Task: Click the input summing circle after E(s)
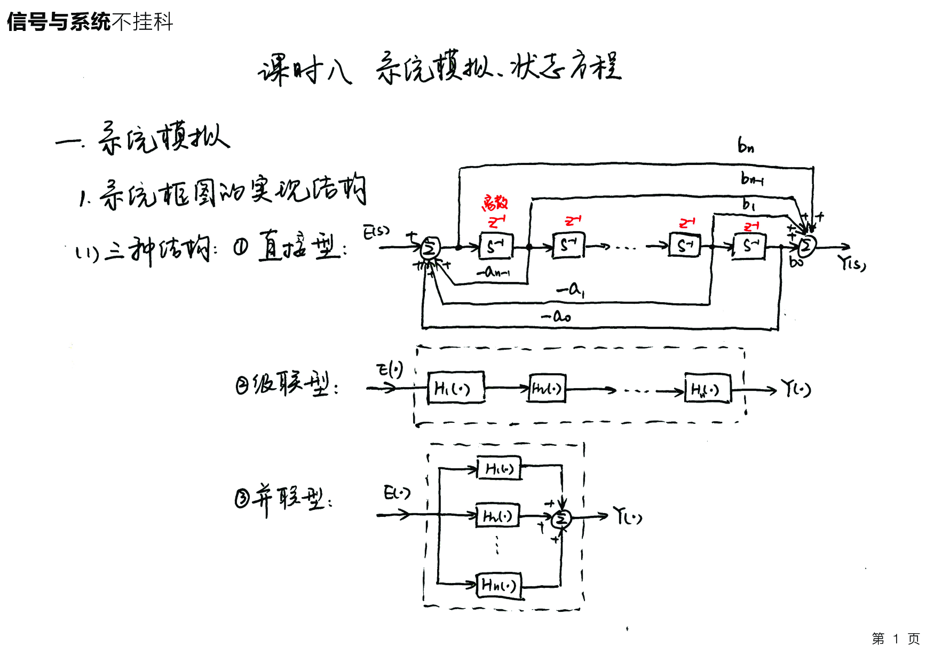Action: click(x=430, y=248)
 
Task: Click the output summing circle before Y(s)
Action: click(x=806, y=246)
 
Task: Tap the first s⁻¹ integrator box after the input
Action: click(x=496, y=247)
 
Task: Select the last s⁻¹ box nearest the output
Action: click(x=749, y=247)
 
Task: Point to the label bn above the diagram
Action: click(x=746, y=145)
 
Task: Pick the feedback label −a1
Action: click(x=571, y=290)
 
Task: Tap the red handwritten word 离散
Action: click(x=495, y=203)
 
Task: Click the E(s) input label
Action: click(x=377, y=232)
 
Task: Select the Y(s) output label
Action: click(x=851, y=263)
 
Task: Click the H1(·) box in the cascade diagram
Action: click(x=456, y=388)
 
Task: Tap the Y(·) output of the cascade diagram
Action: click(x=796, y=388)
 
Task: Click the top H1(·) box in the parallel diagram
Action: click(x=499, y=468)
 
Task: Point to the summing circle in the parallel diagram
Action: click(x=561, y=518)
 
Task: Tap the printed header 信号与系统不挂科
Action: click(x=90, y=22)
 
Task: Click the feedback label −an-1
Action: click(x=494, y=272)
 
